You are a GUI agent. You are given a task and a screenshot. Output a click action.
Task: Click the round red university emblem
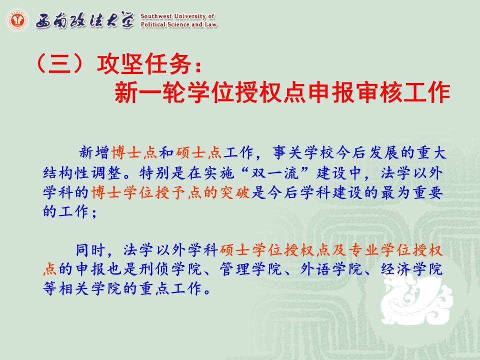pos(17,20)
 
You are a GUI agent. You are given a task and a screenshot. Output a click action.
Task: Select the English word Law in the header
pos(210,24)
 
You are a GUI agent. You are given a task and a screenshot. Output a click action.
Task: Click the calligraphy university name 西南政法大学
pos(85,20)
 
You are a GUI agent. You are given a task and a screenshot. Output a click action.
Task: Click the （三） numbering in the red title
pos(59,64)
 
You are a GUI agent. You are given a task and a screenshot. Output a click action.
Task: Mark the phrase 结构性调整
pos(82,173)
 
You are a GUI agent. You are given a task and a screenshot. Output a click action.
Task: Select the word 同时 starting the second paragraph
pos(90,250)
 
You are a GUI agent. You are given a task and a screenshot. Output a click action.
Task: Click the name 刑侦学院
pos(170,269)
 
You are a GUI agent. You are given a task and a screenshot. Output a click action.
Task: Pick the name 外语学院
pos(331,269)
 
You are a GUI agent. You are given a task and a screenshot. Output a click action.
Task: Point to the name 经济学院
pos(411,269)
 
